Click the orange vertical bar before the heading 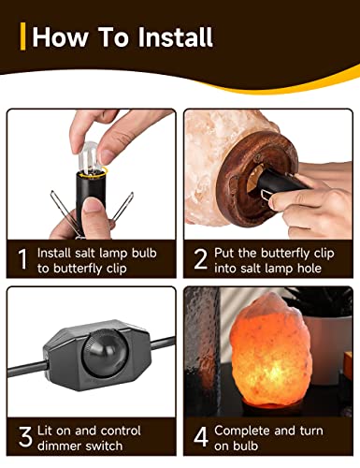coord(22,37)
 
